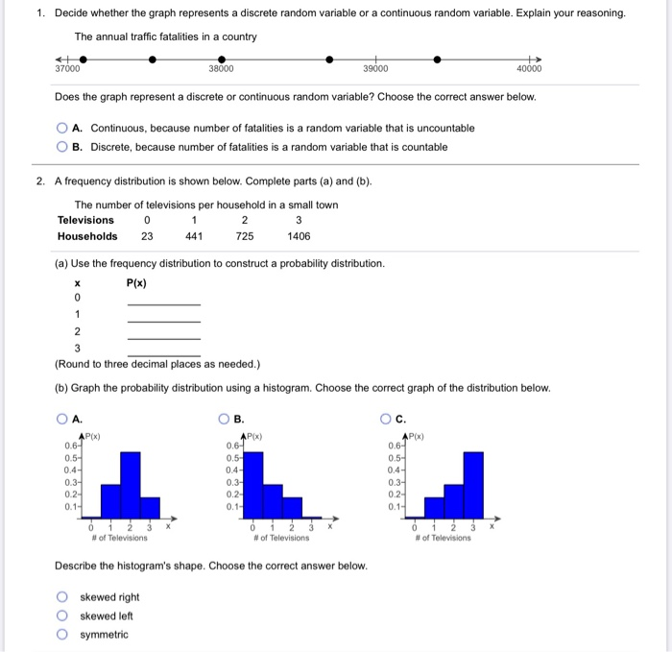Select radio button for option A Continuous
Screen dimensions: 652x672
pyautogui.click(x=62, y=128)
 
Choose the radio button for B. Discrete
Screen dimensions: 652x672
pyautogui.click(x=62, y=147)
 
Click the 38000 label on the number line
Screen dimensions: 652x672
pyautogui.click(x=221, y=69)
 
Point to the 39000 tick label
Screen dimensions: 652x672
pyautogui.click(x=375, y=69)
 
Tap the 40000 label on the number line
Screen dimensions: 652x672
pyautogui.click(x=529, y=69)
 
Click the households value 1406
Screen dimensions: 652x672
pyautogui.click(x=299, y=236)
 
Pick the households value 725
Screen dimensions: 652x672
pyautogui.click(x=245, y=236)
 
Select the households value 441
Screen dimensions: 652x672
pyautogui.click(x=194, y=236)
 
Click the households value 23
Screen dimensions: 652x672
pyautogui.click(x=147, y=236)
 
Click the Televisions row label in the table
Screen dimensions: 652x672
pyautogui.click(x=85, y=220)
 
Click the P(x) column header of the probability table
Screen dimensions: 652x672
pyautogui.click(x=137, y=282)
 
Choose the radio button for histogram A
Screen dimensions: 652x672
pyautogui.click(x=62, y=419)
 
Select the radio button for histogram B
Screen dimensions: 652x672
pyautogui.click(x=223, y=419)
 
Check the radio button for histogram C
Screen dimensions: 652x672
pyautogui.click(x=385, y=419)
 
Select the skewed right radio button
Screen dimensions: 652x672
pyautogui.click(x=62, y=597)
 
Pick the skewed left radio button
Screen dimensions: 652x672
pyautogui.click(x=62, y=616)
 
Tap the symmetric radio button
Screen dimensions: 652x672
pyautogui.click(x=62, y=635)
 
